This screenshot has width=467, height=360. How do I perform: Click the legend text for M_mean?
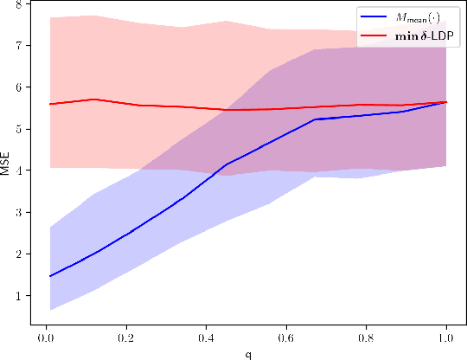(420, 18)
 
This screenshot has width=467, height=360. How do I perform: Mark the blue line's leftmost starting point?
(50, 276)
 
